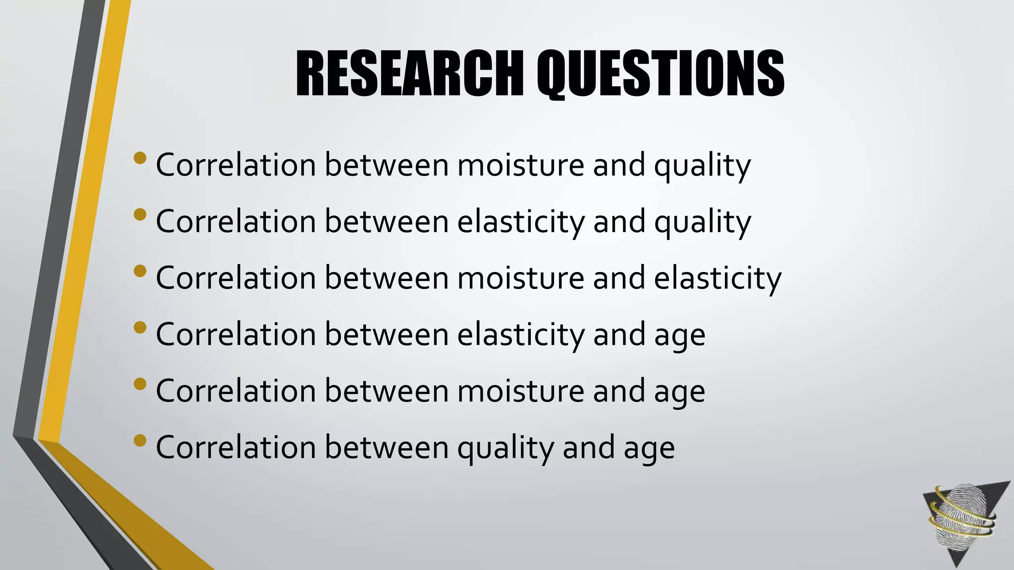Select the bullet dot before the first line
point(140,158)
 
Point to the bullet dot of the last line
point(140,440)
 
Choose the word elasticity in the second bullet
point(520,222)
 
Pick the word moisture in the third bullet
point(520,278)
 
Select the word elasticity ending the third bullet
point(717,279)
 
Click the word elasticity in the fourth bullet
point(520,335)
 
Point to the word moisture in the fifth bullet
point(520,391)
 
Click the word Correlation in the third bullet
point(236,278)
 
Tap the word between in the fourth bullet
point(386,334)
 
